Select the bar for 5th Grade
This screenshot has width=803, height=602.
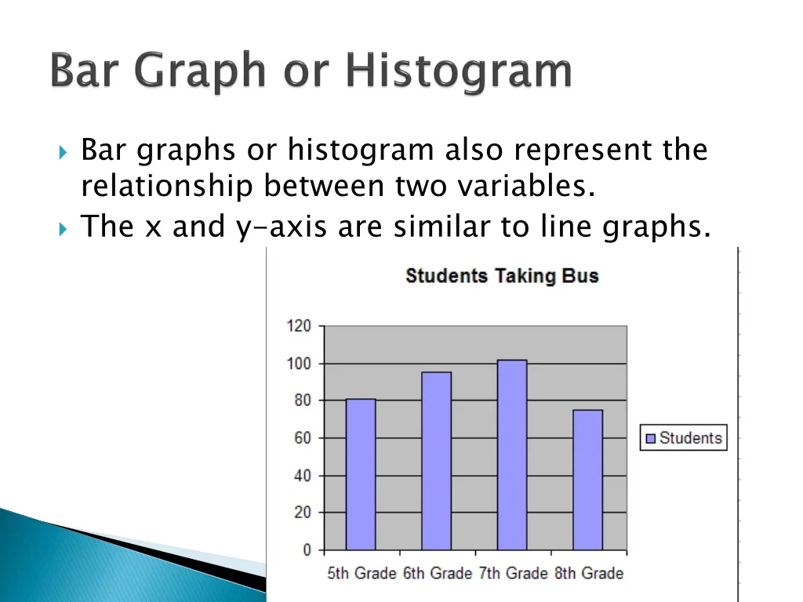361,474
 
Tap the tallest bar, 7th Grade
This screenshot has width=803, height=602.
512,455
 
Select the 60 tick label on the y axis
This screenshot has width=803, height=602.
302,438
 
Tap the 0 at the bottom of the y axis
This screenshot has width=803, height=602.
307,550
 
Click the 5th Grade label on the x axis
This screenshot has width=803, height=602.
362,574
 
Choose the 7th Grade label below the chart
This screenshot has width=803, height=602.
513,574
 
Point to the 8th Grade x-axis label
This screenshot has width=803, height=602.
589,574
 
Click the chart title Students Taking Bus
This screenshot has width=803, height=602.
502,276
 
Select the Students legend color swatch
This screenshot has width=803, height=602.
650,438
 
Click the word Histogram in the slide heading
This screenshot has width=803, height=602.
460,72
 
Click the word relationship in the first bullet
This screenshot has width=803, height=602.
167,187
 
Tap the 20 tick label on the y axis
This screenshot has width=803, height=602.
302,513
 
